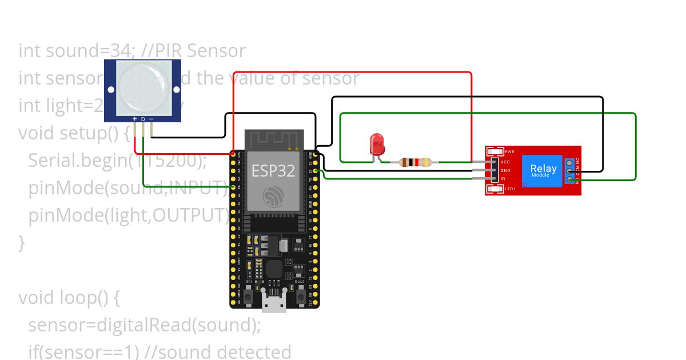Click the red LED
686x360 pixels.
pos(377,143)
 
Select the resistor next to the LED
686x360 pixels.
pos(415,162)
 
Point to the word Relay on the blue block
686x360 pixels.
pos(543,168)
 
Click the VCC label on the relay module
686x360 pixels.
pos(505,162)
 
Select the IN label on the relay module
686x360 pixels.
pos(503,179)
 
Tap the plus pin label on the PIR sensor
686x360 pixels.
pos(135,119)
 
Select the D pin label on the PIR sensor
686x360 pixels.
pos(143,119)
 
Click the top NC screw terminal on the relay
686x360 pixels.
pos(569,162)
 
